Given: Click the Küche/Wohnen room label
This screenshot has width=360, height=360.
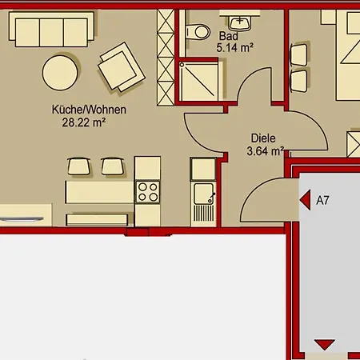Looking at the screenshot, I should [89, 110].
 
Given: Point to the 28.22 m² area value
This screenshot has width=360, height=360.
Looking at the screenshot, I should [84, 123].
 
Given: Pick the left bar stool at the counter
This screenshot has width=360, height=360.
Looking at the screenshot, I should [79, 166].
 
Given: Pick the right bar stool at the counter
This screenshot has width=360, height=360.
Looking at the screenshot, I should [110, 166].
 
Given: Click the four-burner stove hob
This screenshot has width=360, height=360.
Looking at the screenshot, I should [147, 192].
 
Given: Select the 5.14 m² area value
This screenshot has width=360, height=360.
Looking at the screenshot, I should [234, 48].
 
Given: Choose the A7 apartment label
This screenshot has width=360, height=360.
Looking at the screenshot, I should [323, 202].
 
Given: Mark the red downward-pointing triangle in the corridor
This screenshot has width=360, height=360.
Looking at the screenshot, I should [324, 344].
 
